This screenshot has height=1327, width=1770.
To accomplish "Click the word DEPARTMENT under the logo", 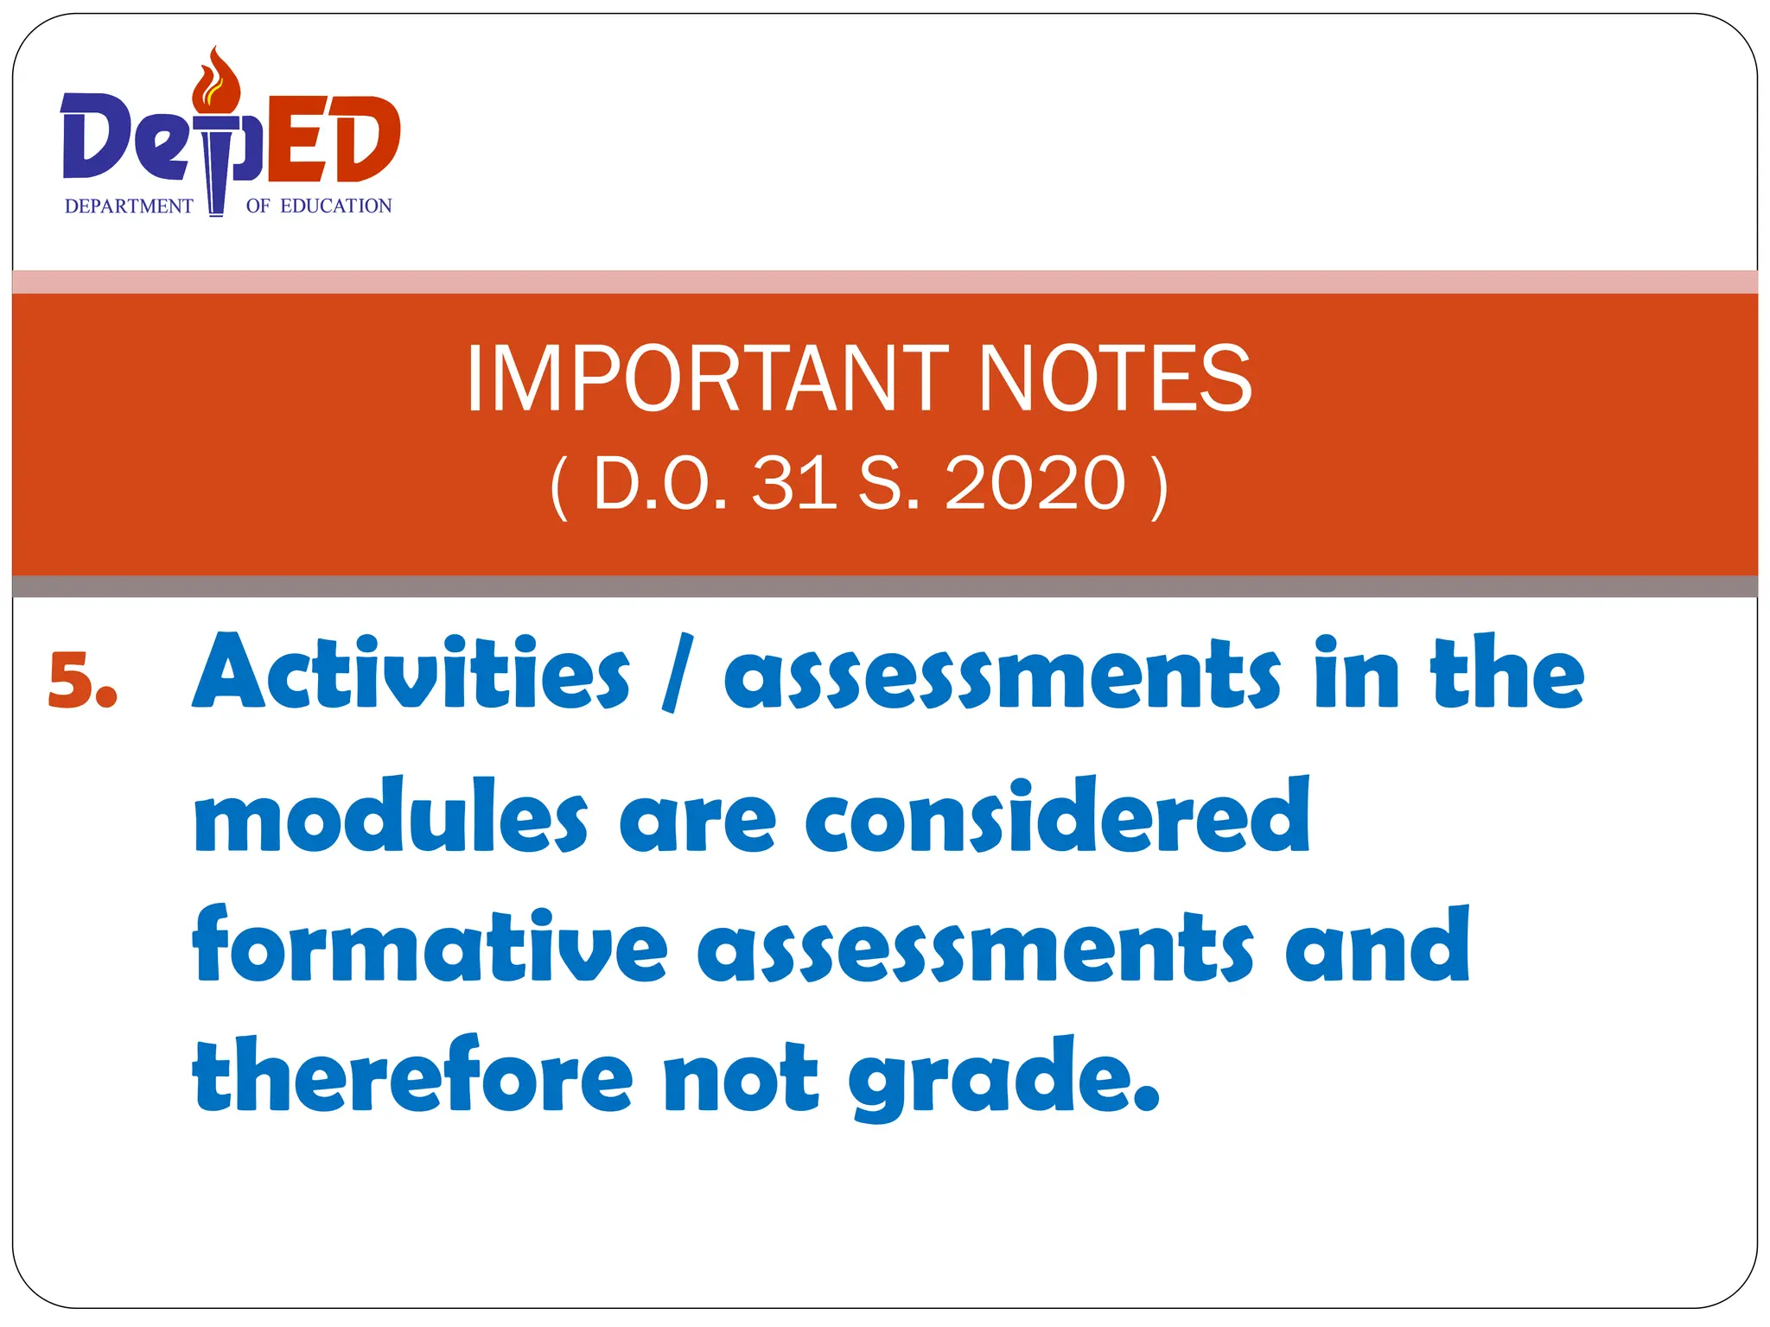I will (129, 206).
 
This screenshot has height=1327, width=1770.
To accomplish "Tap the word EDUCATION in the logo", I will (336, 206).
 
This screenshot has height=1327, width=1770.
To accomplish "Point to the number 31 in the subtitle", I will (793, 484).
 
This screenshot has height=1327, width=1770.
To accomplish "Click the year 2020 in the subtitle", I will (1035, 484).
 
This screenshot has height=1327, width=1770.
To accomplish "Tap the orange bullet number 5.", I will (82, 681).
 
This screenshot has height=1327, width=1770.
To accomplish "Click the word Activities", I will (411, 674).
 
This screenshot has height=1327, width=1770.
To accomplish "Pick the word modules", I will (391, 816).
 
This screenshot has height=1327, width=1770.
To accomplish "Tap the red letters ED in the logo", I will (333, 138).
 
